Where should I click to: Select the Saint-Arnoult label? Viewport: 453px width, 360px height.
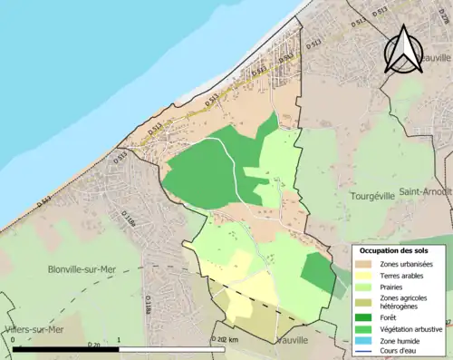point(426,191)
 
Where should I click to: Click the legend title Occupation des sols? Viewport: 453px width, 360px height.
point(397,251)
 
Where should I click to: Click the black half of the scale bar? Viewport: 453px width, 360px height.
point(65,349)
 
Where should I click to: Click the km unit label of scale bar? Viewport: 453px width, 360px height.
point(233,339)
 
